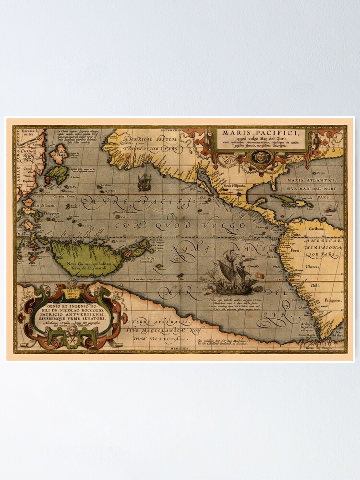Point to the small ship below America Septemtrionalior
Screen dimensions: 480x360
[x=144, y=182]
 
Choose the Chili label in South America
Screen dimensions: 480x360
[x=315, y=286]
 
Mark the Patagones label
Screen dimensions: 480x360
[x=332, y=300]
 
